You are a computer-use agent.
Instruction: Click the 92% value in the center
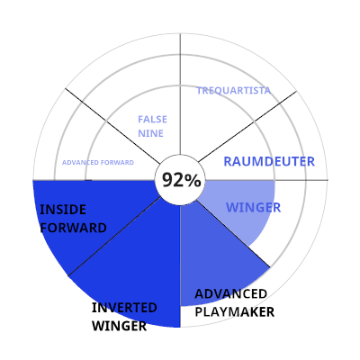pos(181,180)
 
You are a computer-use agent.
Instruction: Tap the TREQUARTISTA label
pos(233,91)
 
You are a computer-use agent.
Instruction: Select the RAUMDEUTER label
pos(269,162)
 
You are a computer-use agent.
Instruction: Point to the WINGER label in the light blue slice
pos(253,208)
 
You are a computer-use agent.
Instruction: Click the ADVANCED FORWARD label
pos(98,163)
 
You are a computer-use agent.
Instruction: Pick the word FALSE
pos(152,120)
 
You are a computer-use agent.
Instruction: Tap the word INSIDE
pos(63,210)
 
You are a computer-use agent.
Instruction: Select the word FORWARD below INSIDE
pos(73,228)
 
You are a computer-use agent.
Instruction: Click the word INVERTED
pos(124,308)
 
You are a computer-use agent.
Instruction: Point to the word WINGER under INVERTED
pos(119,326)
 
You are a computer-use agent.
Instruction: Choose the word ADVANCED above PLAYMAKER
pos(230,293)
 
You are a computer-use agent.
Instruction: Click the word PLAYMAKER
pos(235,312)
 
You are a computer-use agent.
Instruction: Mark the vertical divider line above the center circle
pos(180,94)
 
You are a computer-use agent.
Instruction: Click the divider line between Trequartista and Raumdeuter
pos(247,126)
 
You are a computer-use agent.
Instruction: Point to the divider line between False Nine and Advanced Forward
pos(113,126)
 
